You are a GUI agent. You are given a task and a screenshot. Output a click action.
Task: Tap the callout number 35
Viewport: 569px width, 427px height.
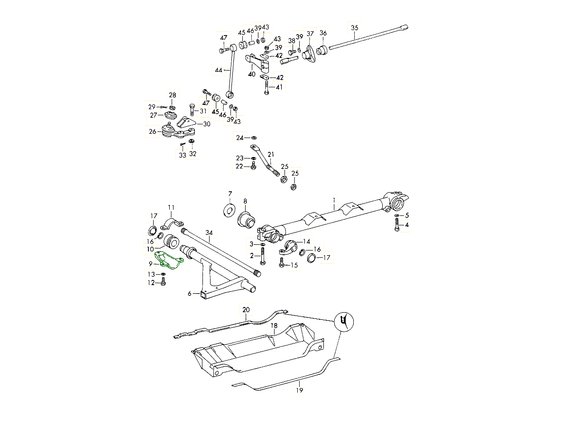tap(355, 27)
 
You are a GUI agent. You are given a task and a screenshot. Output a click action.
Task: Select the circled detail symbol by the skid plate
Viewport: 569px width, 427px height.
tap(345, 322)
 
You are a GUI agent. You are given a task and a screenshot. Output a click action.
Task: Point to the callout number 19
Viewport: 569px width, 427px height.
tap(299, 390)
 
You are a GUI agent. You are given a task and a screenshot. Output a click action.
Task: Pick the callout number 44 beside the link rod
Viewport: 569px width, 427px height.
tap(219, 70)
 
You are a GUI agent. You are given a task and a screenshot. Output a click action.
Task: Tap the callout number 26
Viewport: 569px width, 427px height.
tap(153, 131)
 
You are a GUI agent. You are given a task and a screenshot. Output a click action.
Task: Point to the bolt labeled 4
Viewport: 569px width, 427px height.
tap(397, 226)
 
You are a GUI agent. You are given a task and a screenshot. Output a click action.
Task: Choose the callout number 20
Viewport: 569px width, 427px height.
tap(246, 309)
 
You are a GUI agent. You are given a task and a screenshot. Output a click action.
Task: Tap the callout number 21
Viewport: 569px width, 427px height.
tap(271, 155)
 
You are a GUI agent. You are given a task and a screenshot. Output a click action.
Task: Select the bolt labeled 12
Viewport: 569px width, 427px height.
tap(164, 282)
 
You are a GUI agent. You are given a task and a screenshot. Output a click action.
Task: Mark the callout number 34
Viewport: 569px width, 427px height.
tap(209, 232)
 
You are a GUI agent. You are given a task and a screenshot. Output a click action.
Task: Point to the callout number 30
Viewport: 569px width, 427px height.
tap(207, 124)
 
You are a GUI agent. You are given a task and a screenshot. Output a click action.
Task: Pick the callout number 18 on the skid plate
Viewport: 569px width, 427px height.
tap(274, 326)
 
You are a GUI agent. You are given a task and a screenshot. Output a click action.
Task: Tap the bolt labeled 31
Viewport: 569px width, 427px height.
tap(192, 111)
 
